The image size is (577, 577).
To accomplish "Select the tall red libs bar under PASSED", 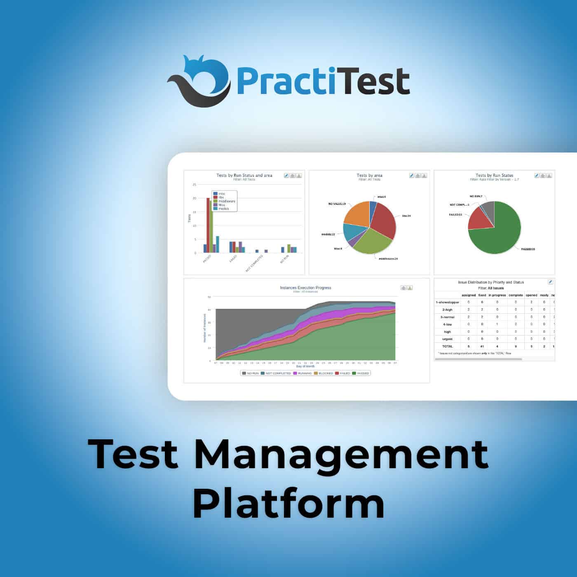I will coord(208,225).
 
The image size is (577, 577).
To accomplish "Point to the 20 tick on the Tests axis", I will coord(195,198).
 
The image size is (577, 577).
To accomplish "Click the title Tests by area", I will coord(369,175).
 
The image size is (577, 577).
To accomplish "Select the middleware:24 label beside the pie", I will coord(388,259).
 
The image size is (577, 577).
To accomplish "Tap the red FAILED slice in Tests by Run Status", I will coord(478,218).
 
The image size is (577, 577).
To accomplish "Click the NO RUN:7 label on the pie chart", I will coord(476,196).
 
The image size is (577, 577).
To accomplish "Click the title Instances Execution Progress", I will coord(305,288).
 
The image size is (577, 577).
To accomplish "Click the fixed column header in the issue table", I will coord(482,295).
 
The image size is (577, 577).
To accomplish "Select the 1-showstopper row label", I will coord(447,303).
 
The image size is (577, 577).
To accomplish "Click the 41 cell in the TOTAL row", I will coord(482,347).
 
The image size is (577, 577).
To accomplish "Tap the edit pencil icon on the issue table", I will coord(550,282).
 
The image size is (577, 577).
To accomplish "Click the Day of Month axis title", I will coord(305,366).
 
